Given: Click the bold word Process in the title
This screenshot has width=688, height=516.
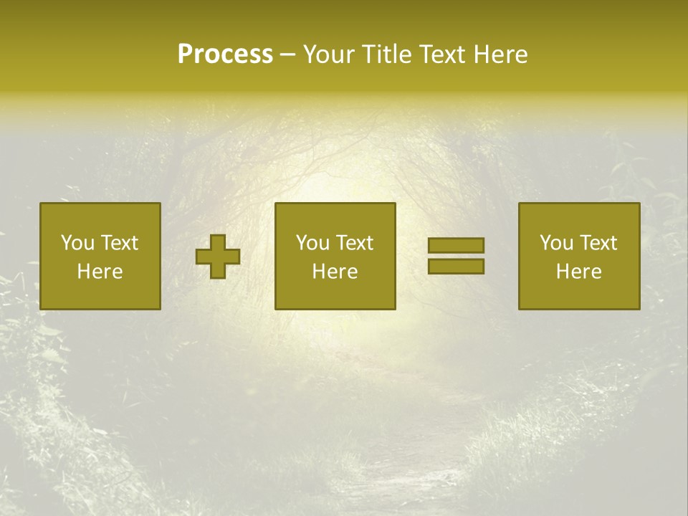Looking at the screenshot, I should pos(225,54).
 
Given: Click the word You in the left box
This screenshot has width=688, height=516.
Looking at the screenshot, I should pos(77,243).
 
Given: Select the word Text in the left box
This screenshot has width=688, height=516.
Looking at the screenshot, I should pos(119,243).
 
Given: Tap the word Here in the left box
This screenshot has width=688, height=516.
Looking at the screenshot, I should pos(100,272).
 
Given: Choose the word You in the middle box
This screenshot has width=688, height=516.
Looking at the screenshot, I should pos(312,243).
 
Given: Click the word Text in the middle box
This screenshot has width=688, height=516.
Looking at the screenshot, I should pos(354,243).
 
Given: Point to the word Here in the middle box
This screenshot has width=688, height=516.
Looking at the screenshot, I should pos(335,272).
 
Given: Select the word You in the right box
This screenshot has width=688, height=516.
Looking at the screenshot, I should pos(555,243).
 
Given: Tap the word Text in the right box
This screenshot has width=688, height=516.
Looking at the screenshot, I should pos(598,243).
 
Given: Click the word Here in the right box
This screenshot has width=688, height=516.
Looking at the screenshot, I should pos(579,272).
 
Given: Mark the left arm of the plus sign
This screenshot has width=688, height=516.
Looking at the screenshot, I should pos(204,257).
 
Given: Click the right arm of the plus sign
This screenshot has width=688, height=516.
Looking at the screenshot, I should pos(233,257).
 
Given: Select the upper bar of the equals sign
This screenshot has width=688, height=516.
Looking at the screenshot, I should pos(456,246).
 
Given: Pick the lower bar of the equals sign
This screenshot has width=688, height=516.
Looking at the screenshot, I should pos(456,267).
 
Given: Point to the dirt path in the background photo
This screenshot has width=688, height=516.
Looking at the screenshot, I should pos(401,459).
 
